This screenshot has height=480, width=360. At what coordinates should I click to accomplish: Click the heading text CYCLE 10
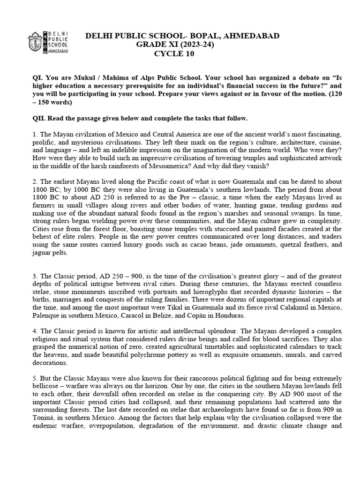174,53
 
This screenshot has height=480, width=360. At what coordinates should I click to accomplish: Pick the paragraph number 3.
35,276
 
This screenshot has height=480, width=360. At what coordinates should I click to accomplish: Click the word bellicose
47,385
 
